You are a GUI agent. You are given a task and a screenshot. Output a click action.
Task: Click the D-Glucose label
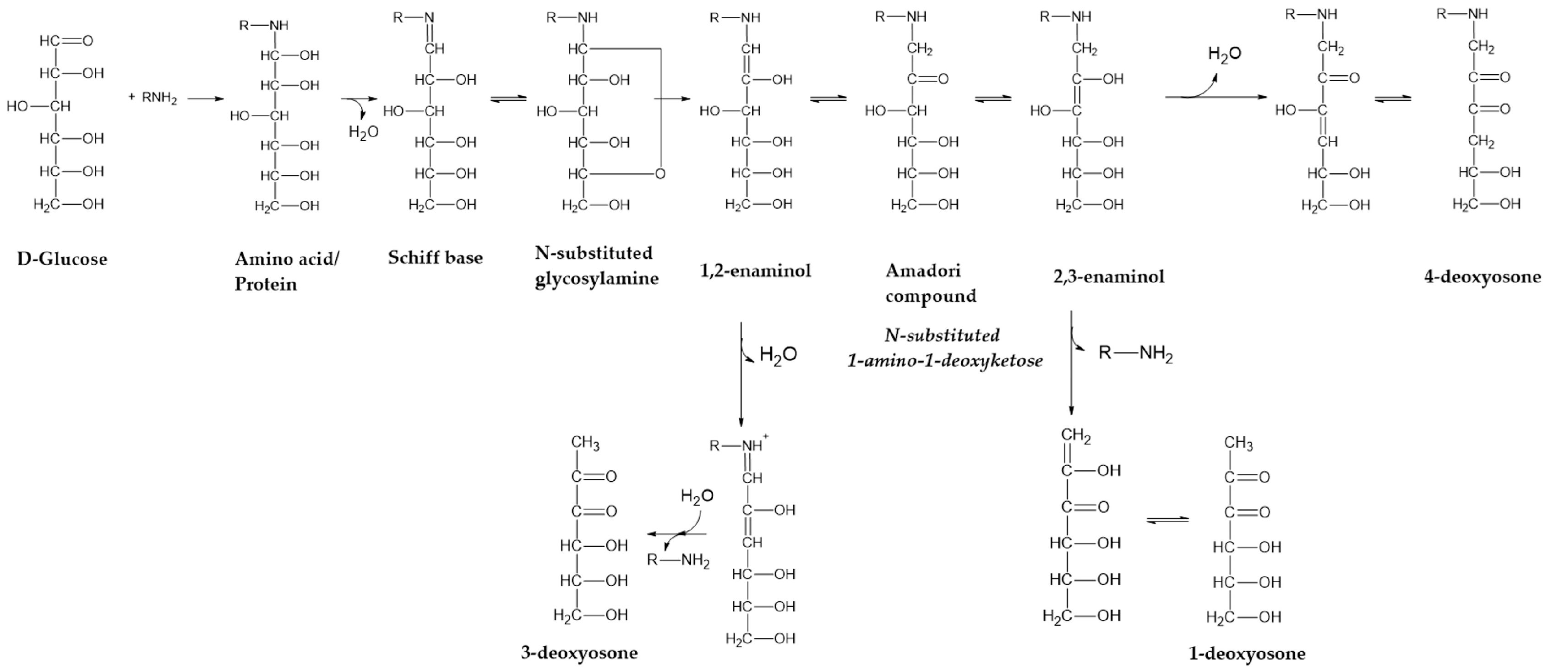(x=62, y=259)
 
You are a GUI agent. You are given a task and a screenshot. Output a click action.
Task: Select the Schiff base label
(x=435, y=258)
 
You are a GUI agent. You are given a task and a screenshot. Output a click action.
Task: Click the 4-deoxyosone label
(x=1482, y=277)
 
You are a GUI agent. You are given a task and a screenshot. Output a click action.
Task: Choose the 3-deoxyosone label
(x=579, y=652)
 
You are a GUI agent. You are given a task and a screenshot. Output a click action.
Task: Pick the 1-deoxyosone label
(x=1247, y=654)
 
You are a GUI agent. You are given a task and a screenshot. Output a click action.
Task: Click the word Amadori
(x=923, y=270)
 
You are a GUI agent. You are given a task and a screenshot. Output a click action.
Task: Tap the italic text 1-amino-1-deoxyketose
(x=945, y=361)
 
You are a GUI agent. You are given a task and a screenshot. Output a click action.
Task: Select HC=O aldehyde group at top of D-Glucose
(x=66, y=41)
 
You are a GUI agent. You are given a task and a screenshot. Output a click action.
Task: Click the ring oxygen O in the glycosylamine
(x=660, y=174)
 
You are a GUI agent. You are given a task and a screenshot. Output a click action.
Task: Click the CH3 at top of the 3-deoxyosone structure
(x=585, y=443)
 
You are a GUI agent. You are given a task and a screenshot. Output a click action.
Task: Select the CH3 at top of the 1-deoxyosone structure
(x=1238, y=444)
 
